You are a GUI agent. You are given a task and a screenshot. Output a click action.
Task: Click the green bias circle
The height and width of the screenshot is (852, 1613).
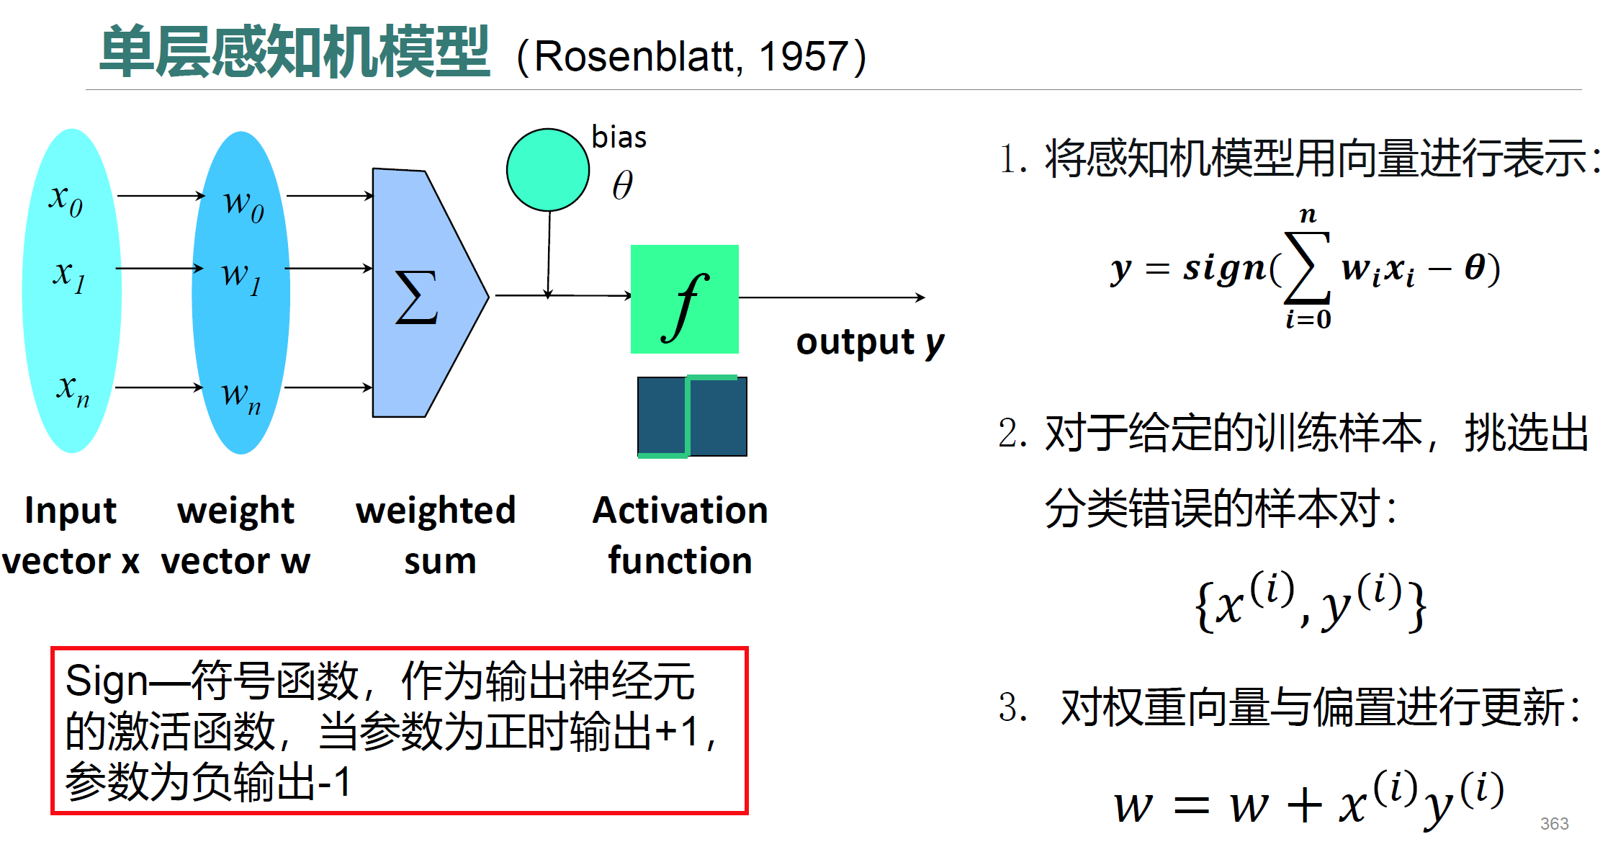548,170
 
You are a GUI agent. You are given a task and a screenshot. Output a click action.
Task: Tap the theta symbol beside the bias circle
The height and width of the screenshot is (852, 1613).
622,185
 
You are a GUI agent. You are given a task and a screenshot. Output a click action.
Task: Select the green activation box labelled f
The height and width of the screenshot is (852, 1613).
684,299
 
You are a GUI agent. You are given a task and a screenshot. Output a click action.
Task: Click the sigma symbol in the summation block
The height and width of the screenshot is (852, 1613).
416,297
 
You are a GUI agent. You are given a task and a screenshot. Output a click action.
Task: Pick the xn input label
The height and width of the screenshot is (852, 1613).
73,390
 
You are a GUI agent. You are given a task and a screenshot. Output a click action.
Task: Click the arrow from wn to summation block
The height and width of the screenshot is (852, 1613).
328,387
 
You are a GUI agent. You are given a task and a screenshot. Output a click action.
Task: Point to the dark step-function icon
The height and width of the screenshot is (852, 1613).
692,416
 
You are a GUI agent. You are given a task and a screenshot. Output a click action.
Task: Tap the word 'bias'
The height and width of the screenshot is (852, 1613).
619,137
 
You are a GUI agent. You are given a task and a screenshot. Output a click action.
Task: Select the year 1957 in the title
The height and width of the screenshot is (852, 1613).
803,56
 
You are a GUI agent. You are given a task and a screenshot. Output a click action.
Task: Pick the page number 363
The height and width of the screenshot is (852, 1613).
1554,823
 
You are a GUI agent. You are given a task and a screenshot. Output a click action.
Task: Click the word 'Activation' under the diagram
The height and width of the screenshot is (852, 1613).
680,510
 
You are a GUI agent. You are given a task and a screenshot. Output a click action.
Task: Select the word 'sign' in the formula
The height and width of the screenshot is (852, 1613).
1224,269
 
